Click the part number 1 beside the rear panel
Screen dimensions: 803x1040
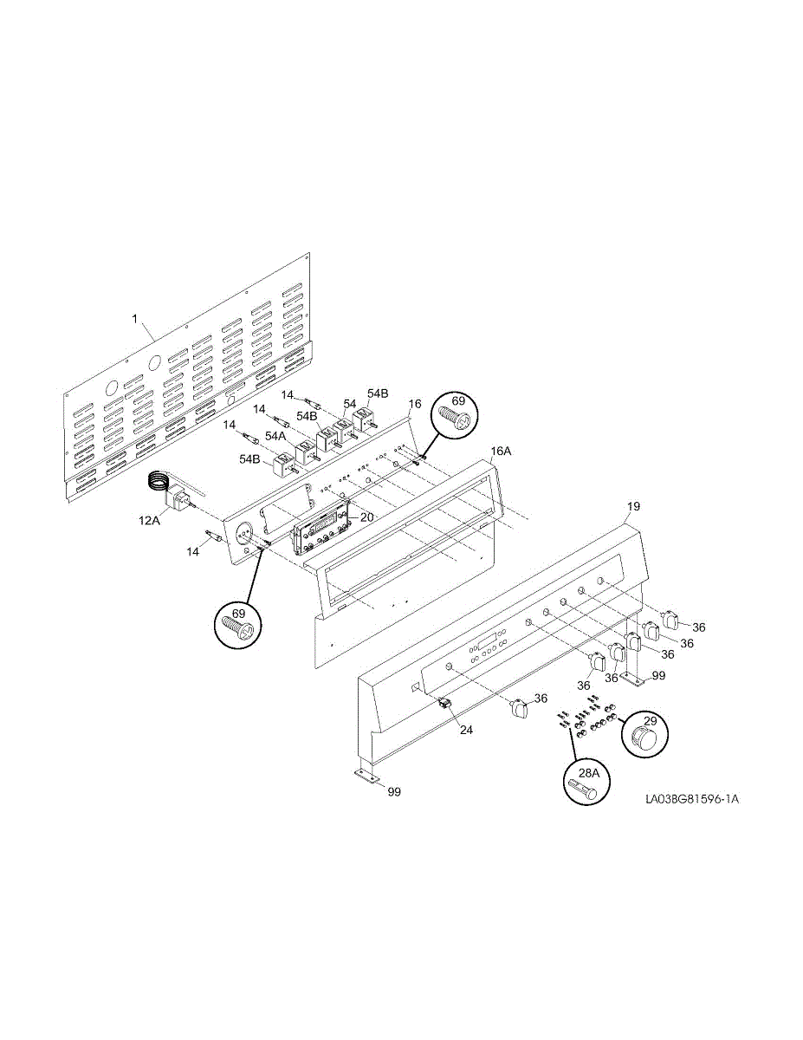coord(134,319)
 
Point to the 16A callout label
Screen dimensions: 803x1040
coord(501,452)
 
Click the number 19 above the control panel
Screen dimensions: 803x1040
coord(633,504)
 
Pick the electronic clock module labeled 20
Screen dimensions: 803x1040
coord(321,530)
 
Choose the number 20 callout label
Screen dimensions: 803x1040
coord(366,517)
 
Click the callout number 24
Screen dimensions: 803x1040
coord(466,730)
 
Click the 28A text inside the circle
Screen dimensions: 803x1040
coord(588,772)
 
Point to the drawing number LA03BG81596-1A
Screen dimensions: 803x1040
coord(691,800)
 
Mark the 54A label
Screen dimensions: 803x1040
coord(275,436)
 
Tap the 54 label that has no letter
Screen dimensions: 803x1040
coord(349,404)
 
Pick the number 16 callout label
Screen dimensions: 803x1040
coord(415,404)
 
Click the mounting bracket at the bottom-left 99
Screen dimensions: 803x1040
coord(367,777)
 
